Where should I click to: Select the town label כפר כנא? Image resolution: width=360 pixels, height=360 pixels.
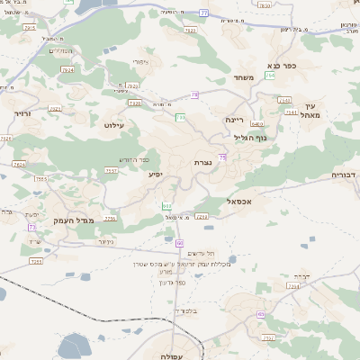[x=282, y=67]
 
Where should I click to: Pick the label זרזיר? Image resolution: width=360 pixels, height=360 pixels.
[x=22, y=114]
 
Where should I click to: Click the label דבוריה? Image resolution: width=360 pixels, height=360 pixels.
[x=345, y=174]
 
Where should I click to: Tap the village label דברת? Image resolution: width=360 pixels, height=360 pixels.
[x=302, y=275]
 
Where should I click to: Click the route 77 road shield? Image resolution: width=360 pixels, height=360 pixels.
[x=204, y=13]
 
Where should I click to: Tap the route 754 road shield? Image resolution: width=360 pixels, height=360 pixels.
[x=270, y=76]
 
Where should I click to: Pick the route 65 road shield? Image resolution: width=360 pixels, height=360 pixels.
[x=261, y=313]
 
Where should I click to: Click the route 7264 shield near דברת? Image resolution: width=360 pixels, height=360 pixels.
[x=292, y=285]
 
